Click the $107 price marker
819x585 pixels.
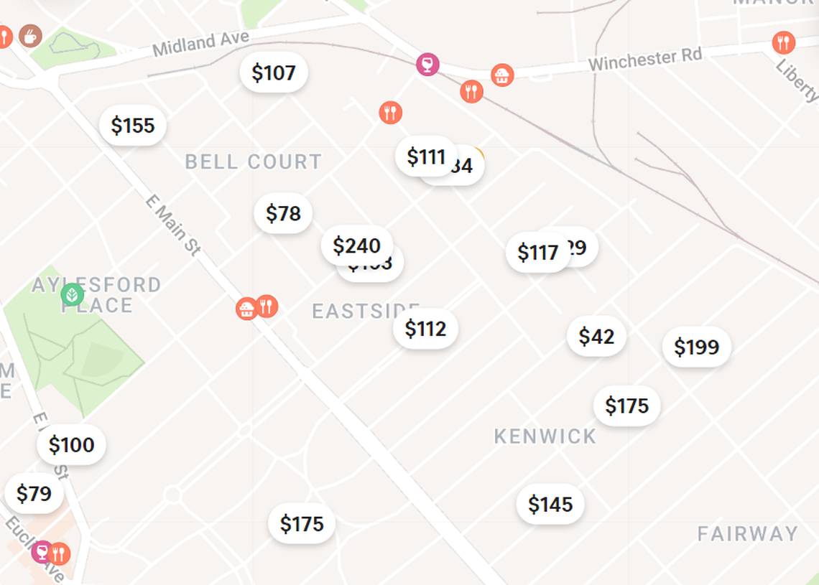tap(274, 72)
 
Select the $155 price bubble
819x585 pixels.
tap(133, 126)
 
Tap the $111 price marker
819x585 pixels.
tap(426, 156)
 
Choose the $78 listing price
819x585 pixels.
tap(283, 213)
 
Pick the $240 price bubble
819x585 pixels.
tap(356, 245)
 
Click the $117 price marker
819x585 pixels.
tap(537, 253)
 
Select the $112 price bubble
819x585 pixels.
tap(425, 329)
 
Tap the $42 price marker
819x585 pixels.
tap(596, 336)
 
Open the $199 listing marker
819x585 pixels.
tap(696, 347)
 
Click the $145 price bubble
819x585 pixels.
tap(550, 505)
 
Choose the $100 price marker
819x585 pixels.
tap(71, 445)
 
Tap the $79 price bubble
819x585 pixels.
tap(34, 494)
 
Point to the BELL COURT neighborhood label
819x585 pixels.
tap(254, 162)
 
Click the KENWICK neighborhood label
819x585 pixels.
tap(545, 436)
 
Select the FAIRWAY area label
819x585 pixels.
tap(748, 534)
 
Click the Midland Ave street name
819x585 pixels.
tap(201, 45)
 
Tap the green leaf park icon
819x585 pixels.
tap(72, 294)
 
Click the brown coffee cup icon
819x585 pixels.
tap(30, 34)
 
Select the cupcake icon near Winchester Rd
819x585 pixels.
tap(502, 75)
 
